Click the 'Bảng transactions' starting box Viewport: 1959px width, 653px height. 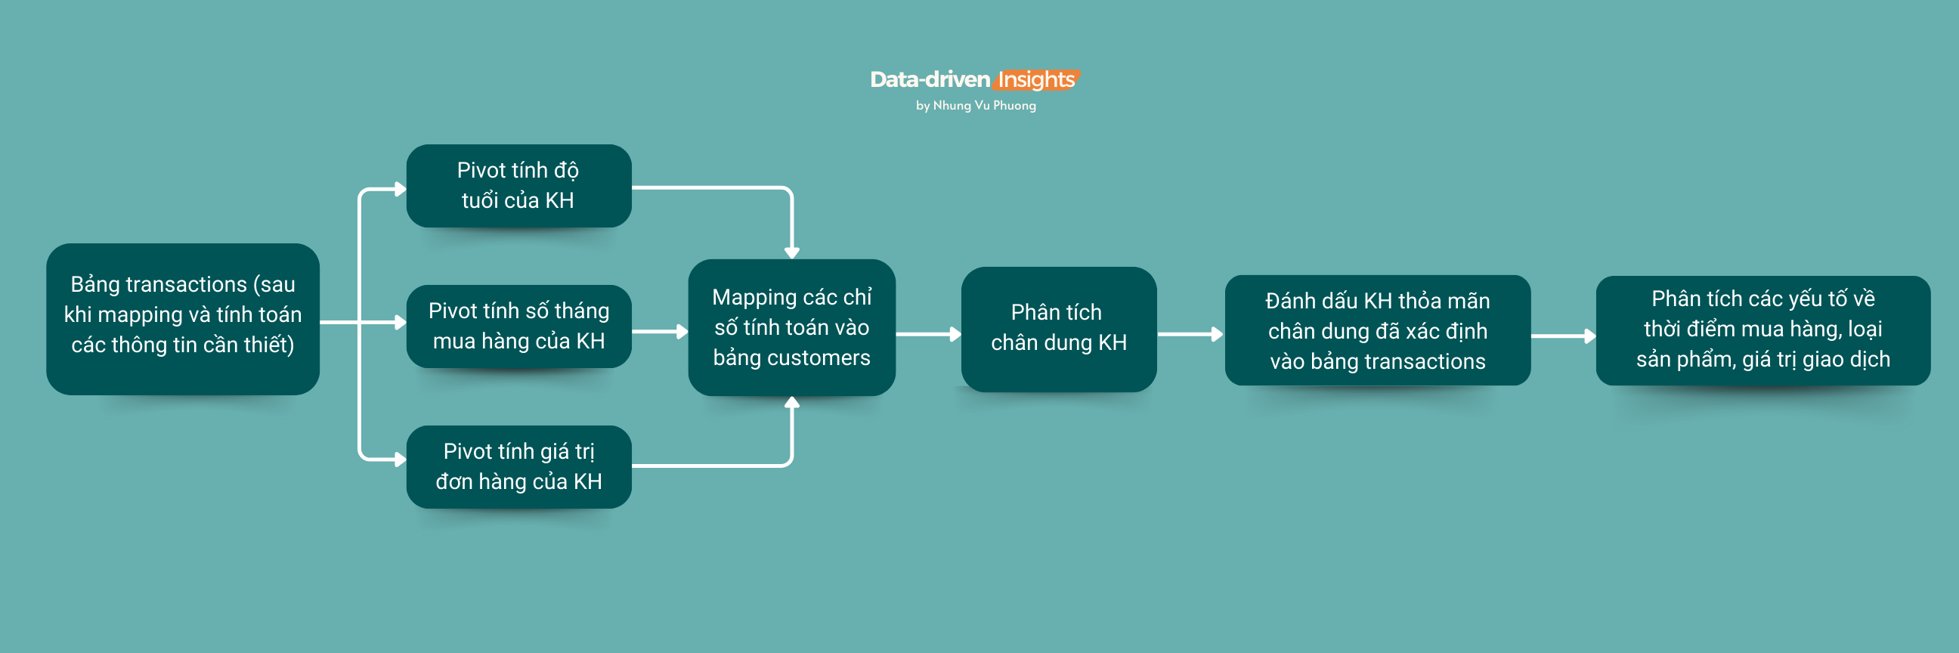(182, 318)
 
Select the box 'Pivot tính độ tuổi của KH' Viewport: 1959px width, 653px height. (518, 185)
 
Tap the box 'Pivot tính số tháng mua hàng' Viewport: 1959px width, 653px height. (518, 326)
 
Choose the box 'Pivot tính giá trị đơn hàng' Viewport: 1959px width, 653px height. (518, 467)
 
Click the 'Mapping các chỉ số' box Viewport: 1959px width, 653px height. (791, 327)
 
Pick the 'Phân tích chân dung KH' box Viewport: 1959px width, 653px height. (1059, 329)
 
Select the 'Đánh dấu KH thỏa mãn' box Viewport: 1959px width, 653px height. (1377, 331)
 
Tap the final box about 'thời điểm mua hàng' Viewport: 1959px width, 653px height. (1762, 330)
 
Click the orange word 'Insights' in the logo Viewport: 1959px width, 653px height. (1035, 80)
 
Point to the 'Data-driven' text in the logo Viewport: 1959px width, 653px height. (930, 80)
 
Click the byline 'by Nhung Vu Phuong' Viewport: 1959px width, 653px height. (976, 106)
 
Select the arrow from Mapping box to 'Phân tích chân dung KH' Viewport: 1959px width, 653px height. (928, 334)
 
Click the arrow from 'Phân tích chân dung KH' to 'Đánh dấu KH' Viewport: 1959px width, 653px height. (1190, 334)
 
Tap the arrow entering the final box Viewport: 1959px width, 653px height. (1563, 336)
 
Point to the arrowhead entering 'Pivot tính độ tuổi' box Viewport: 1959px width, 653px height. (400, 188)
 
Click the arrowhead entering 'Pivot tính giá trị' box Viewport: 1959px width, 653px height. (400, 460)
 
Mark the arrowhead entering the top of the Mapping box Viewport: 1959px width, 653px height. (791, 252)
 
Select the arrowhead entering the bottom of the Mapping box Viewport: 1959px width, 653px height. (791, 403)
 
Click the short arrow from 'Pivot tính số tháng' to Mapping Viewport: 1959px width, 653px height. (659, 332)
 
